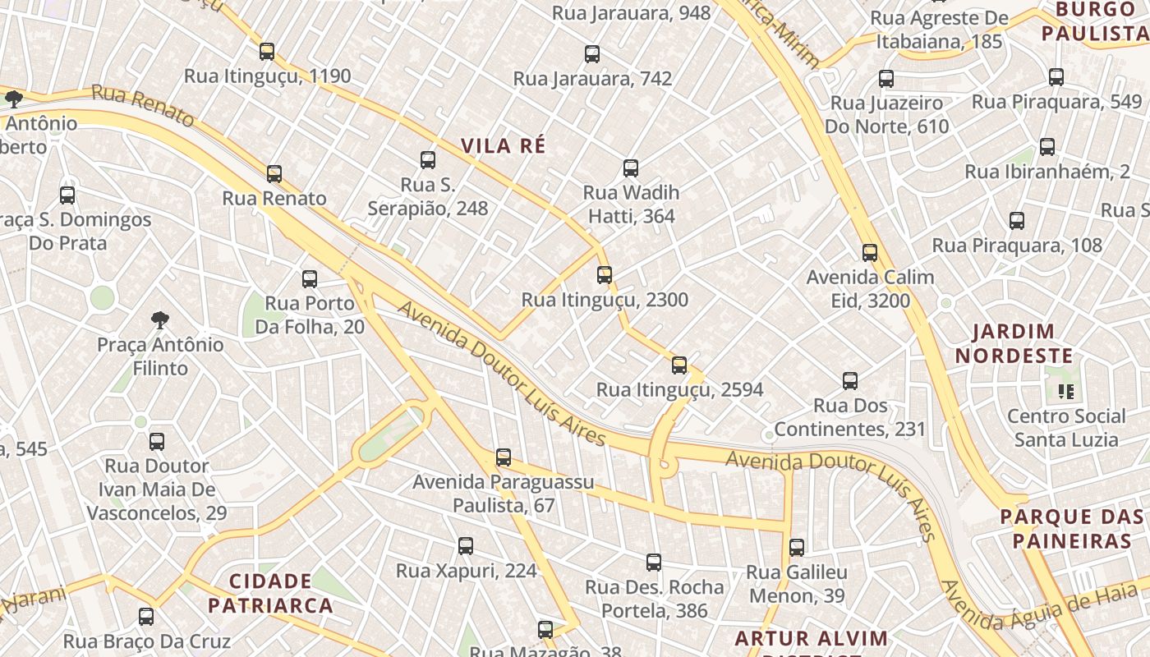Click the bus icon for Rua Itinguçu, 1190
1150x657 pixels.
coord(267,52)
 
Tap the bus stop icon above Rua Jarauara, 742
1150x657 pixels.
coord(592,54)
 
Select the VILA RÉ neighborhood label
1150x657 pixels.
coord(503,146)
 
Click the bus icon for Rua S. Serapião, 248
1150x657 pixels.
coord(428,160)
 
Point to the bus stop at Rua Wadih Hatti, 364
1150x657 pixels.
coord(631,168)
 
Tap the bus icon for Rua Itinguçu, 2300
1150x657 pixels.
coord(605,275)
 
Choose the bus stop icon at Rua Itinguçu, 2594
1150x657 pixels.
coord(679,365)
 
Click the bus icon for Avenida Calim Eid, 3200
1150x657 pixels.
coord(870,253)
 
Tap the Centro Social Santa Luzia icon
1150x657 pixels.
coord(1066,392)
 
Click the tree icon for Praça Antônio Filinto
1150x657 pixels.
coord(160,319)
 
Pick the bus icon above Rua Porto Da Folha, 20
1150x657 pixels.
coord(310,279)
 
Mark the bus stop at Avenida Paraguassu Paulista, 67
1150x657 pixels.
coord(504,457)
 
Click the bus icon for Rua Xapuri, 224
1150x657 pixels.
coord(466,546)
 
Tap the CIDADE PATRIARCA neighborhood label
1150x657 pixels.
coord(270,594)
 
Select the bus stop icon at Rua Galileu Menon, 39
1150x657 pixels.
coord(797,548)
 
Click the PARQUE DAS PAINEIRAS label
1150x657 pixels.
coord(1071,529)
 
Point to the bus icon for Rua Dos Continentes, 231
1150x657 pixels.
coord(850,381)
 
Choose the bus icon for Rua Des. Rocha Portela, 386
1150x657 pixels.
coord(654,563)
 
